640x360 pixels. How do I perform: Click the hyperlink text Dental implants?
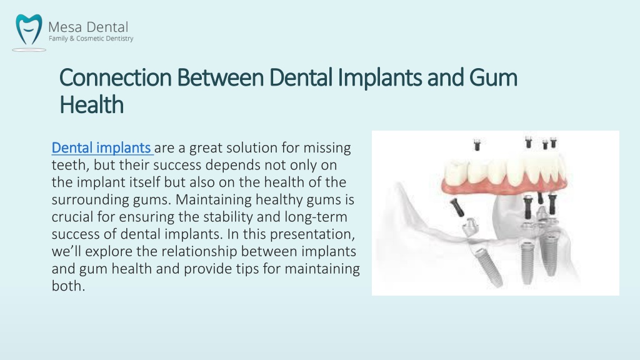pyautogui.click(x=101, y=147)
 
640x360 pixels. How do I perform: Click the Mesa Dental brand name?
pyautogui.click(x=88, y=27)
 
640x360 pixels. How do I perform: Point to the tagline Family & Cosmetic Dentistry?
pyautogui.click(x=91, y=38)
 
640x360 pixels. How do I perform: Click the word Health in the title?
pyautogui.click(x=91, y=104)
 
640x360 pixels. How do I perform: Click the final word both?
pyautogui.click(x=68, y=286)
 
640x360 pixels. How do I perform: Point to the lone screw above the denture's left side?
pyautogui.click(x=477, y=145)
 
